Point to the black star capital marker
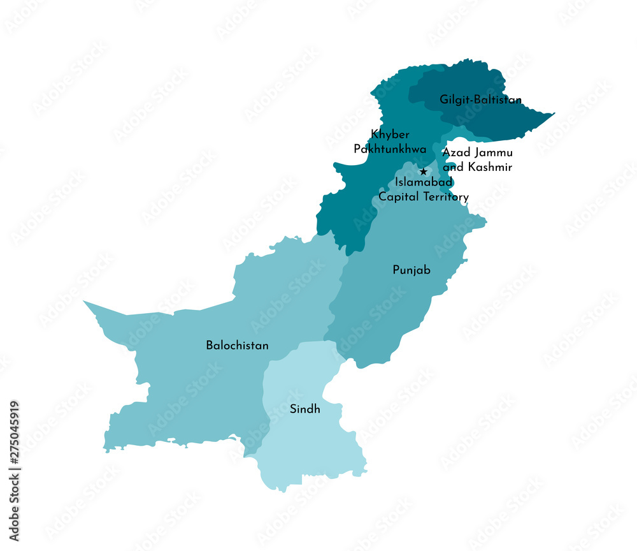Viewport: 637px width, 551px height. click(423, 172)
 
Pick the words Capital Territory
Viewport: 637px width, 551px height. click(424, 197)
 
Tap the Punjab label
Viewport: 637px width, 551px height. click(411, 270)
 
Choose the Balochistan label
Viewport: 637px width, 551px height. click(237, 346)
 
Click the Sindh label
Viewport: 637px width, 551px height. click(305, 409)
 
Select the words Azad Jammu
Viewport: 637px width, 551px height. click(478, 153)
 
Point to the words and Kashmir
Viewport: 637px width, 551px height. click(478, 167)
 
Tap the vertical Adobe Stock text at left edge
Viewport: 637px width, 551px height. click(14, 508)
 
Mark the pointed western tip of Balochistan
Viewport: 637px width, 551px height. click(85, 302)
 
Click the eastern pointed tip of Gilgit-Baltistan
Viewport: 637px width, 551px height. click(553, 114)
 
